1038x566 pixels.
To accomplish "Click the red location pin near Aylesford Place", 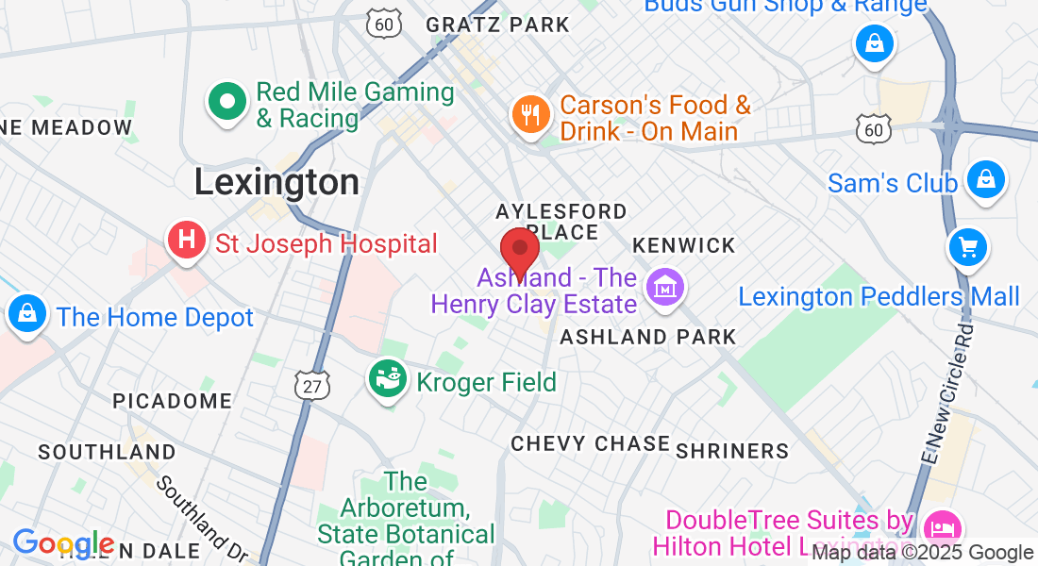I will (519, 249).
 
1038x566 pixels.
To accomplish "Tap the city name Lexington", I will (276, 182).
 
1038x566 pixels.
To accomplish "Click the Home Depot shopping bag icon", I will (28, 313).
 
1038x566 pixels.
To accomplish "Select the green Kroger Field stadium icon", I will (387, 379).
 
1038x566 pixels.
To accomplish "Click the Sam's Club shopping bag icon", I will (986, 178).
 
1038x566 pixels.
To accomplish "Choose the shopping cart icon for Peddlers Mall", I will (967, 247).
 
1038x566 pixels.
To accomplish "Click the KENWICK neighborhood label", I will (683, 245).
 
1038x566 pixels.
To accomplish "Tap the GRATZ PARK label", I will (497, 25).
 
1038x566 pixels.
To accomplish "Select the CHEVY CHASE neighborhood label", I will (590, 443).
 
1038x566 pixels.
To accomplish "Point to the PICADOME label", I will (172, 401).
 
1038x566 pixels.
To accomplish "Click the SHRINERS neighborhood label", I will (732, 451).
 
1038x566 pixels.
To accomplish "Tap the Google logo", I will (63, 544).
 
